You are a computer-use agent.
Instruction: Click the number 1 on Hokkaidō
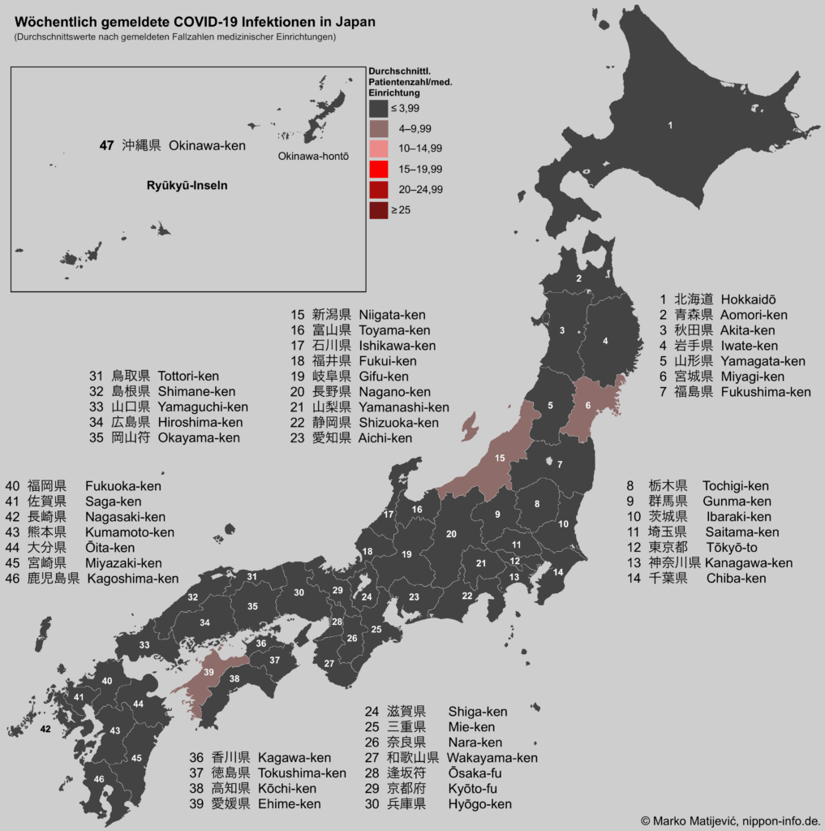[x=670, y=126]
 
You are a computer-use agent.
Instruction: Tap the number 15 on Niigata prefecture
[x=500, y=459]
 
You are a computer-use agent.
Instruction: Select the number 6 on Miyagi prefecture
[x=587, y=407]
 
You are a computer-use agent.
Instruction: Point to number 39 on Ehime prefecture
[x=208, y=673]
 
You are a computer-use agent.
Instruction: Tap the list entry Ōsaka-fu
[x=475, y=773]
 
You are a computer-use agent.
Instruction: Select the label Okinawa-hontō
[x=313, y=157]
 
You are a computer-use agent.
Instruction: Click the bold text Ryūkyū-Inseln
[x=187, y=185]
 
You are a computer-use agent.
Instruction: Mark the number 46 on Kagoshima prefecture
[x=99, y=779]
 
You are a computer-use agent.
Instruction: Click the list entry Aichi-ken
[x=385, y=438]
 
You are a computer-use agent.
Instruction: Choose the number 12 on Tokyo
[x=514, y=561]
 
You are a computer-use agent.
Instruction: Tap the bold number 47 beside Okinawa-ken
[x=106, y=146]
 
